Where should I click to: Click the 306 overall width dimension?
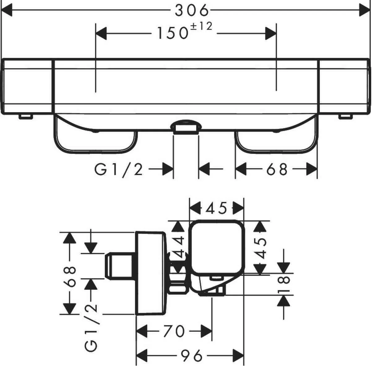[x=192, y=10]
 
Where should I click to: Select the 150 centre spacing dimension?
[x=173, y=33]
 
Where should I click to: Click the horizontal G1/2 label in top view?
[x=118, y=170]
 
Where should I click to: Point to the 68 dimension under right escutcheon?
[x=277, y=170]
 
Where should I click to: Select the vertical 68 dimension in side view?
[x=70, y=277]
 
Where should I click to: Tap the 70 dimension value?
[x=174, y=331]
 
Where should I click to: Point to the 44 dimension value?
[x=178, y=247]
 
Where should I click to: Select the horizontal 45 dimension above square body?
[x=216, y=208]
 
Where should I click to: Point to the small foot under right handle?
[x=345, y=117]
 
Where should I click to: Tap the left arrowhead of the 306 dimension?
[x=6, y=10]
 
